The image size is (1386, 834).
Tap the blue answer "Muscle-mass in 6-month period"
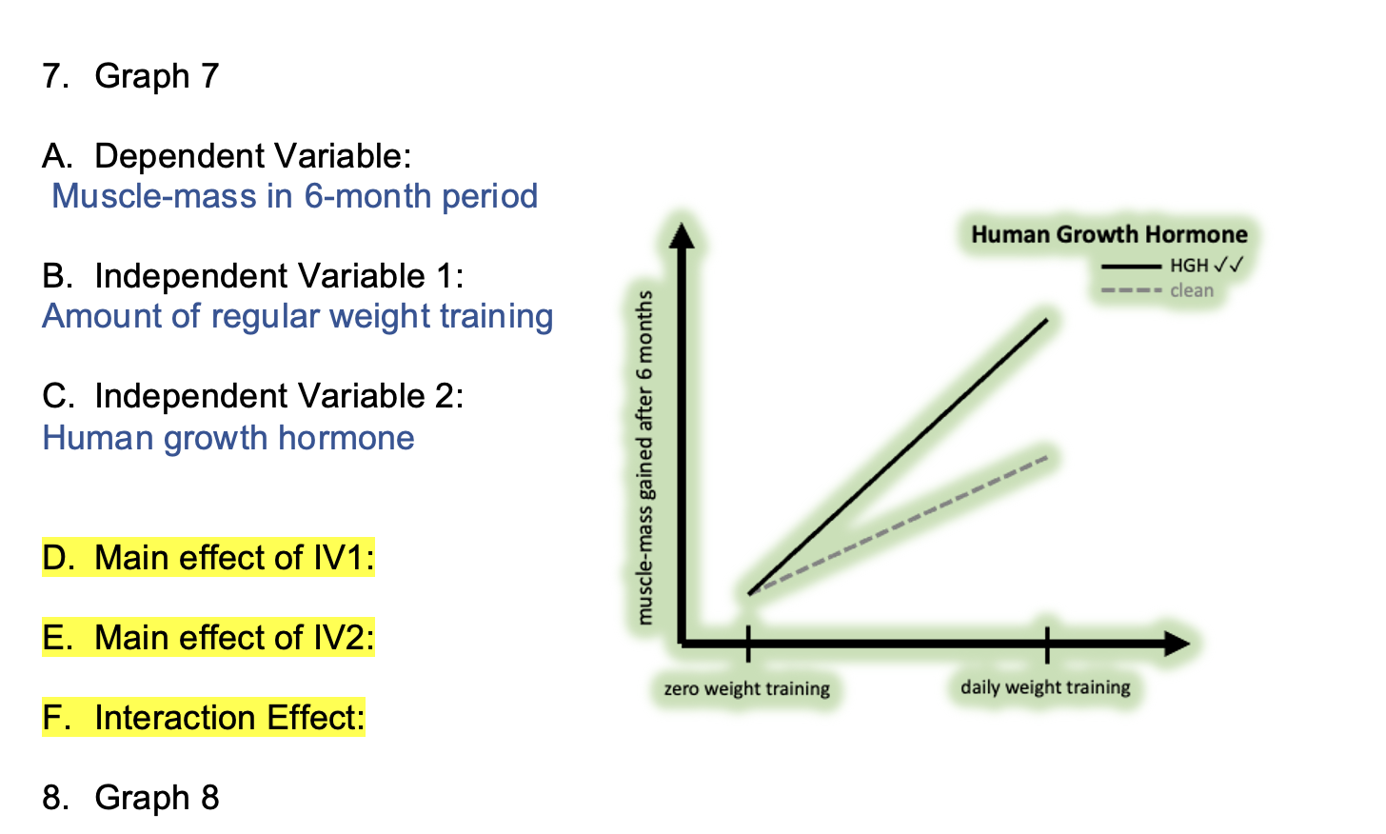tap(294, 196)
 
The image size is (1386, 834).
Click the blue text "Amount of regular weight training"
tap(298, 316)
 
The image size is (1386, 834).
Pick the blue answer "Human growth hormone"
tap(228, 438)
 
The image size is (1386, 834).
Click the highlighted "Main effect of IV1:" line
tap(208, 558)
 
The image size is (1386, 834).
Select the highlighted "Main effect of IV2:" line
tap(208, 637)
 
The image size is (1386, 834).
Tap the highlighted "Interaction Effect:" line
tap(204, 718)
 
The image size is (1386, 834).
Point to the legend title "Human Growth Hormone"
tap(1109, 234)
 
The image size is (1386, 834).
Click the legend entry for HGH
tap(1171, 266)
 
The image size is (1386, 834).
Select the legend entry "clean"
tap(1158, 290)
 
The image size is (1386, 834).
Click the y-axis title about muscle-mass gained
tap(644, 457)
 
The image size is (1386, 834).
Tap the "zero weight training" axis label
tap(747, 688)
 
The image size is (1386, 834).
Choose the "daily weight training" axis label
tap(1045, 687)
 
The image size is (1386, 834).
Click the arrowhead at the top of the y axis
tap(682, 235)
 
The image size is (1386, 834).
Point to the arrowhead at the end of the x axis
tap(1177, 644)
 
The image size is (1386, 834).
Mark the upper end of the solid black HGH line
tap(1047, 320)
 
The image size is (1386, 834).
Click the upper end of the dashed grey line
tap(1047, 458)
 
